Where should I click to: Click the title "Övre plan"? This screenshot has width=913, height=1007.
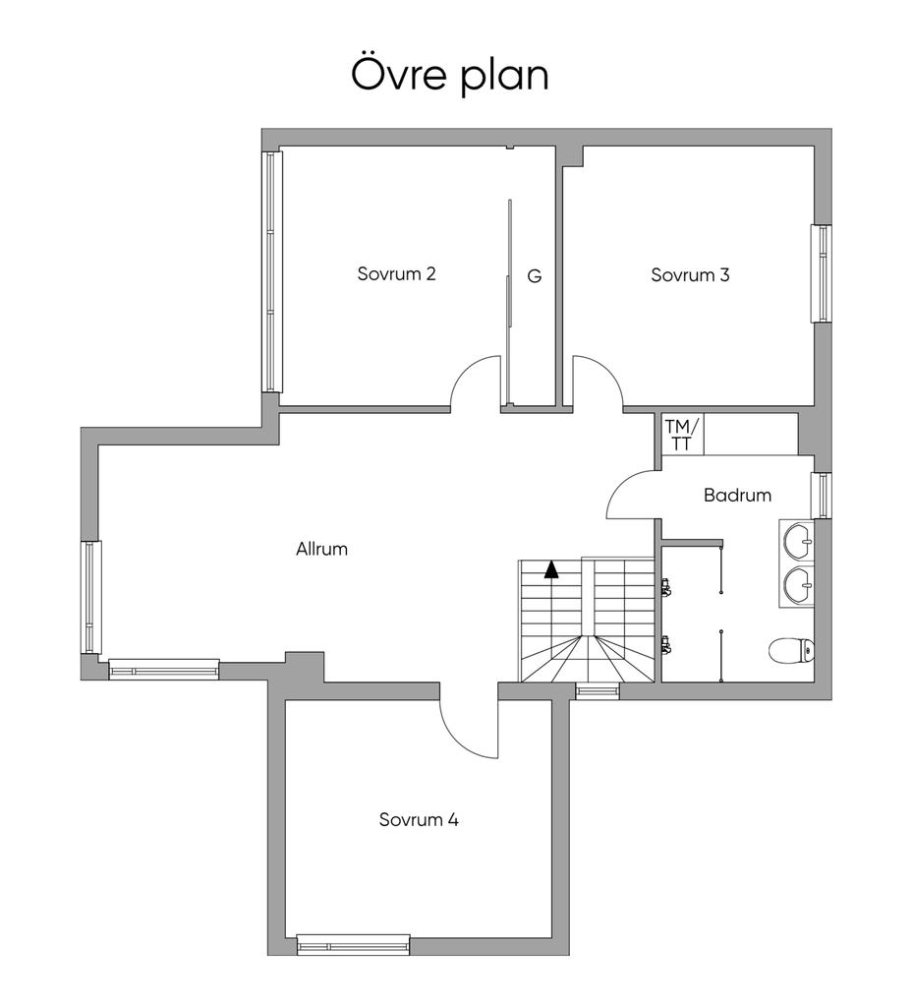click(450, 76)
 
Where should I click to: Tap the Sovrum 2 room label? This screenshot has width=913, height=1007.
click(396, 274)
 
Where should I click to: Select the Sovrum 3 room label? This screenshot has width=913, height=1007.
click(690, 275)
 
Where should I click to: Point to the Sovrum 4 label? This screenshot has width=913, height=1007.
click(419, 819)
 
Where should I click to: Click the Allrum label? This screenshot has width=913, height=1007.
click(321, 549)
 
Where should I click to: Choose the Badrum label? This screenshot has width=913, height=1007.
click(737, 496)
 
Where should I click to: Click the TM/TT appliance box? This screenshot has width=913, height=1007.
click(682, 435)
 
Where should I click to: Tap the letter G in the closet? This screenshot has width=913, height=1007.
click(534, 276)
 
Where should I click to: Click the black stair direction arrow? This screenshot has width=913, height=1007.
click(550, 570)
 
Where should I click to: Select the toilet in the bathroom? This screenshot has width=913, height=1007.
click(791, 650)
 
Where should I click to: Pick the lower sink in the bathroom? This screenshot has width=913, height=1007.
click(797, 586)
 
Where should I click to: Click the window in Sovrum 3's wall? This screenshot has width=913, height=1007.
click(822, 273)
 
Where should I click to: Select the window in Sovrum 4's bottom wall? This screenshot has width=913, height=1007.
click(353, 946)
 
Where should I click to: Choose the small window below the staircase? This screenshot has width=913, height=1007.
click(598, 690)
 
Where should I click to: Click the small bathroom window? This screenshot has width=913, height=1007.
click(822, 496)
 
